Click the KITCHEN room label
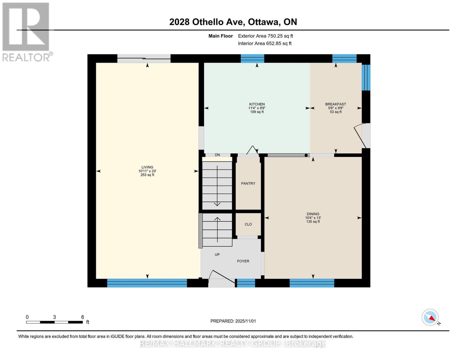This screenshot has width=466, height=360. tap(257, 104)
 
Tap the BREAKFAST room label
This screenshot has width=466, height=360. tap(335, 104)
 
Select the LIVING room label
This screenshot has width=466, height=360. tap(147, 167)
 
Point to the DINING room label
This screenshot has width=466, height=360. tap(313, 214)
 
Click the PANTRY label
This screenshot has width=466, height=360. tap(248, 183)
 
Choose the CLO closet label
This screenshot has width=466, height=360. tap(248, 224)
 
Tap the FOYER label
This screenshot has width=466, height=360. tap(243, 261)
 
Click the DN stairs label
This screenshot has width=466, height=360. tap(217, 155)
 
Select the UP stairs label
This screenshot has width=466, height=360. tap(217, 254)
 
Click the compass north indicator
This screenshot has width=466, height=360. tap(430, 317)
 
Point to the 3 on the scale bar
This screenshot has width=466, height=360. tap(54, 317)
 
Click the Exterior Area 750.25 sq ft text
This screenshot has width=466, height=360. tap(265, 36)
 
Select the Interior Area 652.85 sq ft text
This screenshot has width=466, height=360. tap(265, 43)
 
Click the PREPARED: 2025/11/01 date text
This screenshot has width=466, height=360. tap(233, 321)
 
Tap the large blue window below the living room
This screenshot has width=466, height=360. tap(147, 283)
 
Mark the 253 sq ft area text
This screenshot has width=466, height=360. tap(147, 175)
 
